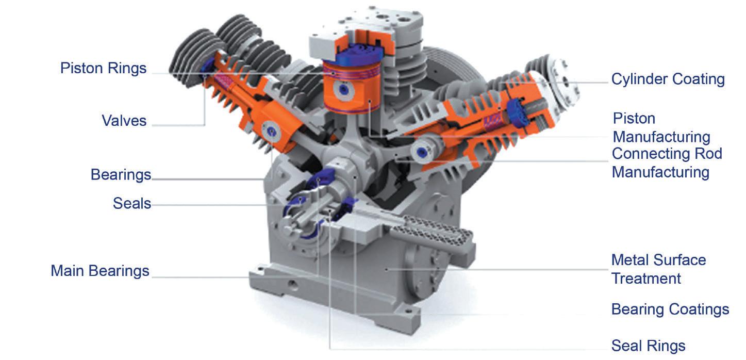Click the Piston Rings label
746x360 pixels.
click(103, 69)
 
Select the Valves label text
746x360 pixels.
click(124, 121)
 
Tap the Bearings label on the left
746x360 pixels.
click(121, 175)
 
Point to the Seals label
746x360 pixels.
click(132, 203)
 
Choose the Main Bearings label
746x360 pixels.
click(100, 271)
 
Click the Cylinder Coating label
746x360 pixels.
click(668, 79)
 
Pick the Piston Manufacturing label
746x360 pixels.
click(661, 127)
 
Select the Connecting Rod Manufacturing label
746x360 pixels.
click(667, 163)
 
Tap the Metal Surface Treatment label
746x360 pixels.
click(659, 269)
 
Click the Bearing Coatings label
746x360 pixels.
click(670, 309)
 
